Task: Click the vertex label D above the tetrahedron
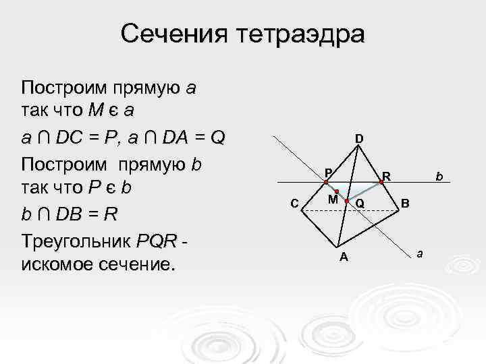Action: coord(359,139)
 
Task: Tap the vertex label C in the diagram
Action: coord(294,203)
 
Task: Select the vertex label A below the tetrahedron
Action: coord(344,256)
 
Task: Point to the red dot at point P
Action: coord(325,183)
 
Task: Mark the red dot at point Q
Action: coord(346,202)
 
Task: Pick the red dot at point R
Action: coord(381,182)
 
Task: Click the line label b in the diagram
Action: coord(438,177)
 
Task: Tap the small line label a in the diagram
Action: coord(420,253)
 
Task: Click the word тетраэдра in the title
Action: coord(301,34)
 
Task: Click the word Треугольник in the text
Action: coord(76,240)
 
